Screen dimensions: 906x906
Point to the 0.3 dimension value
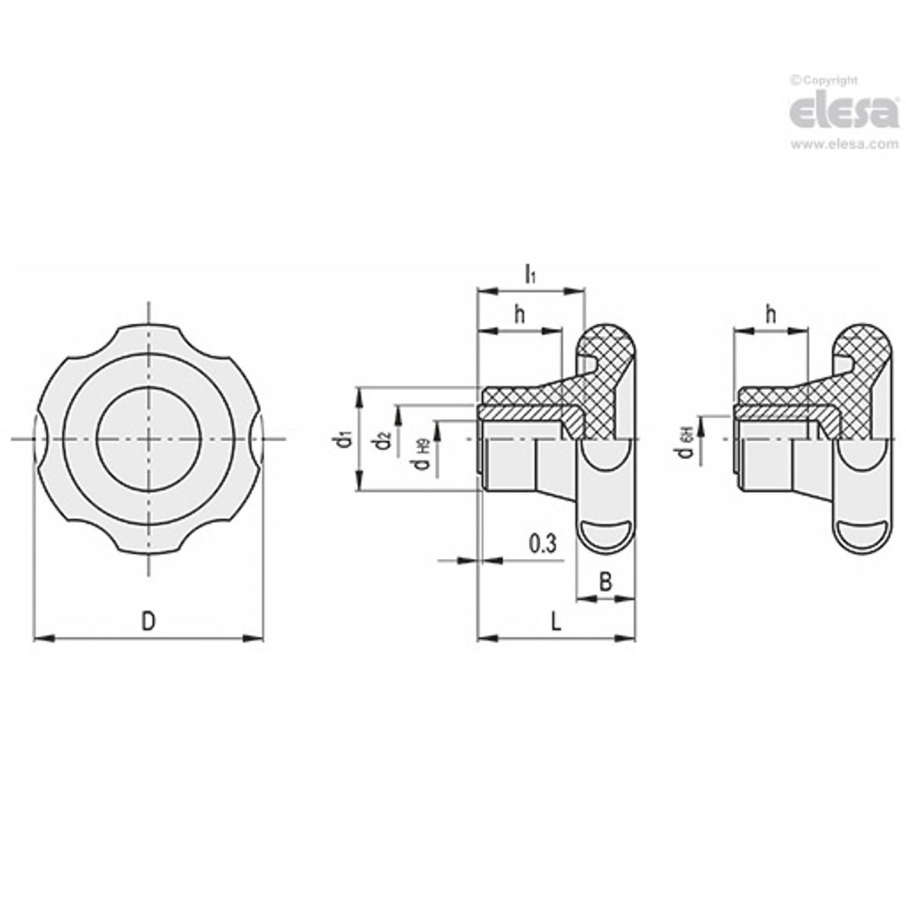coord(543,544)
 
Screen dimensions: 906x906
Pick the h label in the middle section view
coord(519,315)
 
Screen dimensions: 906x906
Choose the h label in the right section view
coord(771,315)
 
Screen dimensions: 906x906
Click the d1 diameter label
coord(344,440)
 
